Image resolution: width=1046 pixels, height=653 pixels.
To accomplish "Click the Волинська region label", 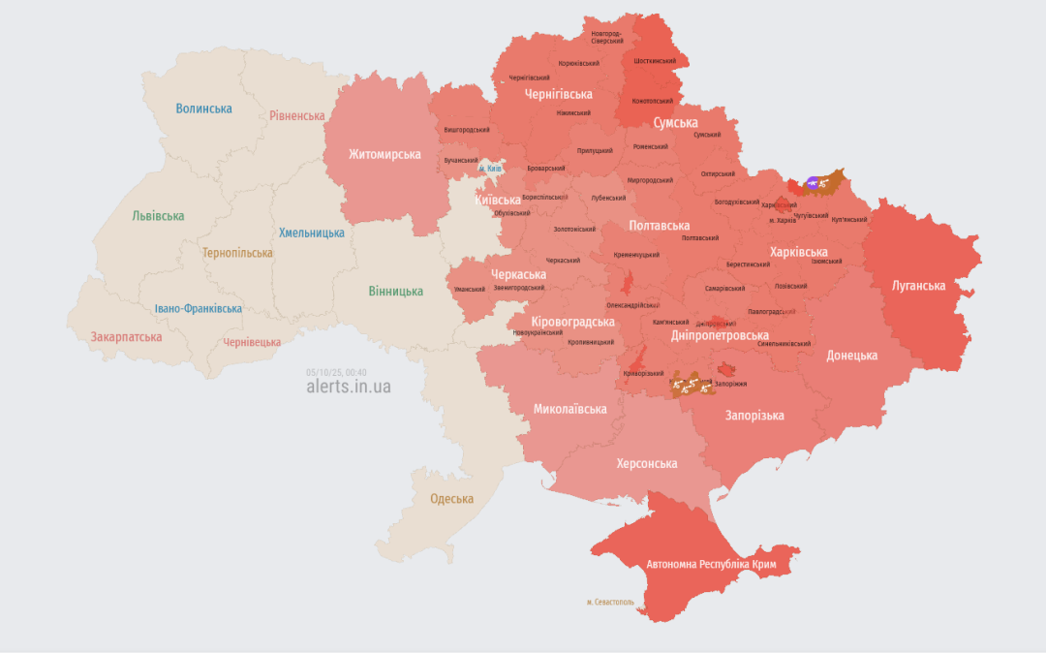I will [x=203, y=109].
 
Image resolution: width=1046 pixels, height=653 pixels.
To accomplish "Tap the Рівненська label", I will [x=296, y=115].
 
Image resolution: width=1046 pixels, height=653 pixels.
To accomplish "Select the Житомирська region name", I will [x=385, y=154].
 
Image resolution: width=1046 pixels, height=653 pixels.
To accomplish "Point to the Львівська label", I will [x=158, y=216].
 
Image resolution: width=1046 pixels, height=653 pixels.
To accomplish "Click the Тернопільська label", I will [x=237, y=253].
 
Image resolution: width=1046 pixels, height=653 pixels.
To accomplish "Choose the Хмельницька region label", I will [x=311, y=233].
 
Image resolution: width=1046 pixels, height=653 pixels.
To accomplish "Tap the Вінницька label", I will [x=395, y=291].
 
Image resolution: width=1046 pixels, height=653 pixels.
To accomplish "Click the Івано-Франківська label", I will [x=199, y=309].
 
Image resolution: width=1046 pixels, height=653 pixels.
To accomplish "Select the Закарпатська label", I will [x=126, y=337].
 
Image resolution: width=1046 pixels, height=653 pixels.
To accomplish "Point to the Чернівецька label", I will [x=252, y=342].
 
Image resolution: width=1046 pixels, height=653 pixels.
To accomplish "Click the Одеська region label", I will [x=451, y=499].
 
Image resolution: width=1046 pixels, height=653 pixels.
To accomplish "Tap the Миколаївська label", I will [x=569, y=409].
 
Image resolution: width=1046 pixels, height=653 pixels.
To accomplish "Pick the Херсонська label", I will [x=647, y=463].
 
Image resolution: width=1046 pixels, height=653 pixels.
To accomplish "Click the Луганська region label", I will [x=918, y=286].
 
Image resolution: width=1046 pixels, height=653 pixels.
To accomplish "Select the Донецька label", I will [x=851, y=356].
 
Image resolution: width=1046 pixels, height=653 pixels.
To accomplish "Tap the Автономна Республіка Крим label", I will [x=710, y=564].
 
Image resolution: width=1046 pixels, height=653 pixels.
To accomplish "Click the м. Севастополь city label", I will [x=610, y=602].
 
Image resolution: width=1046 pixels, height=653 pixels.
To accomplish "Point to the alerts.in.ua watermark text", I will [x=349, y=387].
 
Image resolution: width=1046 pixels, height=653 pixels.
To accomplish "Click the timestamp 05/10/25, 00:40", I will [x=336, y=371].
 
